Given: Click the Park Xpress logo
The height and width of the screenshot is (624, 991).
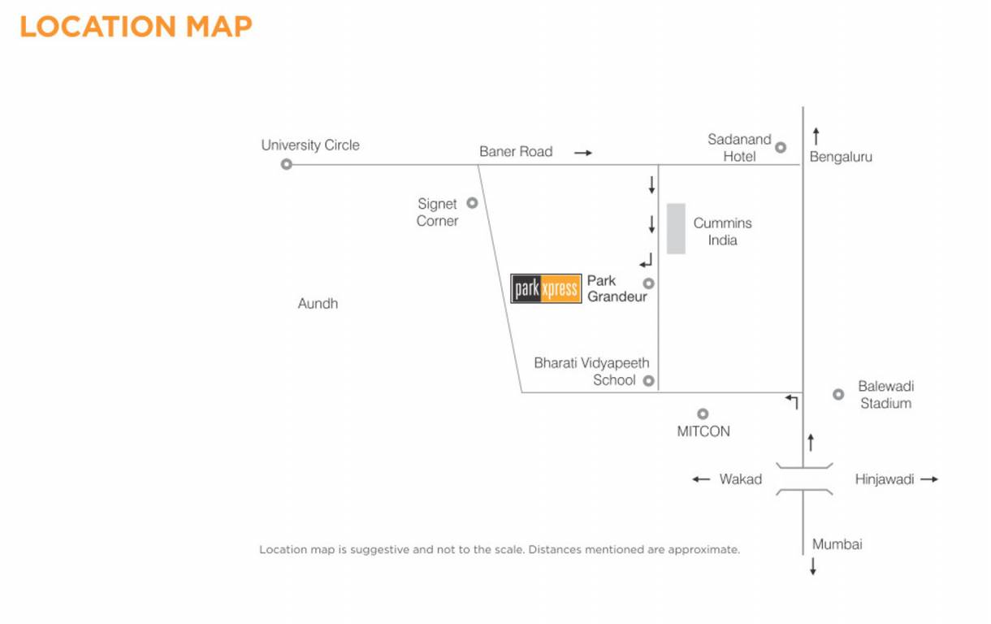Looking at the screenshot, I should point(546,288).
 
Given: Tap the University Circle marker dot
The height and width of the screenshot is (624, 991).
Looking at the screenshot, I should point(286,165).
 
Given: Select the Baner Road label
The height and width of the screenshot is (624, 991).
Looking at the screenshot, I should point(515,152).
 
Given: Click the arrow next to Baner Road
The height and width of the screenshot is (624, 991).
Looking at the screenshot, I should point(583,153).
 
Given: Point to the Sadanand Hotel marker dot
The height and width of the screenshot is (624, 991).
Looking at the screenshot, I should point(781,147).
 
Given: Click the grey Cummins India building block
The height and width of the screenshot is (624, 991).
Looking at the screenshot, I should point(676,228).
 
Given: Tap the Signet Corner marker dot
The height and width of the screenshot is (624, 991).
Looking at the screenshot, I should point(472,203).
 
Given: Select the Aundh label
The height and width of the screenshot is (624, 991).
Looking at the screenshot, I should point(318,304).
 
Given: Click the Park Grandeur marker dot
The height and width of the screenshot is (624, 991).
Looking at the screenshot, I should point(648,284).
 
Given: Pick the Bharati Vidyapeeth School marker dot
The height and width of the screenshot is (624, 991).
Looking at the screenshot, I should point(648,380).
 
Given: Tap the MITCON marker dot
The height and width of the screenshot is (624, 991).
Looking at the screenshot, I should point(703,414).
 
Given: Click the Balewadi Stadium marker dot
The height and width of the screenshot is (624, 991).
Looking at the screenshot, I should point(838,395).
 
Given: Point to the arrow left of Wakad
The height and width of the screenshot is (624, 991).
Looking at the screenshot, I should point(701,479).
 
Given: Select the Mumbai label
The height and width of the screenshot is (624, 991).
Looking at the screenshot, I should point(837,544).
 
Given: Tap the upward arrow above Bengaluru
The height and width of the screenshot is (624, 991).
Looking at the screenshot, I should point(816,136).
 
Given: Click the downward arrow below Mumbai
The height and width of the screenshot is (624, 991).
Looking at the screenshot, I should point(812,566).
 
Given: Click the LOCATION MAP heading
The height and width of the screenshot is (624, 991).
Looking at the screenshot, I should point(136,26).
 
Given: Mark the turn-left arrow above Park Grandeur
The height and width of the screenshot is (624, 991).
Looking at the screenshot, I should point(646,261).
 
